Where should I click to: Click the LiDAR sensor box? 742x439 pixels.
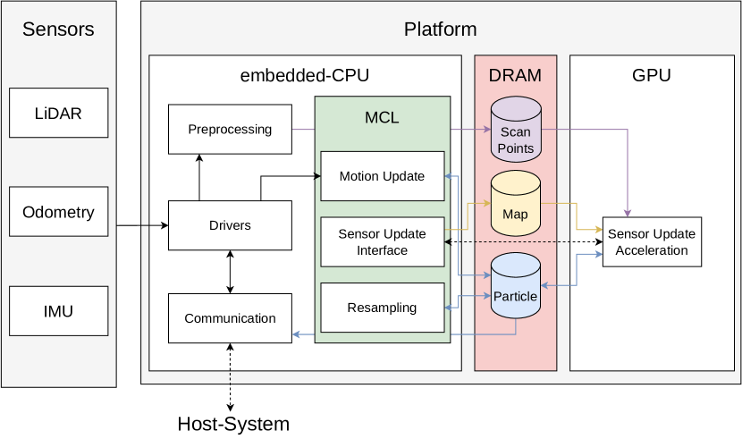58,114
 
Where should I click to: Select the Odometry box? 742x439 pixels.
58,212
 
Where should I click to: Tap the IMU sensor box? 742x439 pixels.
58,311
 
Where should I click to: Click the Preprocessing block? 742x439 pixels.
230,129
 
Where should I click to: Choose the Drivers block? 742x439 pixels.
230,225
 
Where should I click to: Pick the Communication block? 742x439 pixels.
230,318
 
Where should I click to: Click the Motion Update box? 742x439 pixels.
382,176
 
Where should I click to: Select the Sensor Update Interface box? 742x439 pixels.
382,242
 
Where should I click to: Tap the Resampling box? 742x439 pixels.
382,308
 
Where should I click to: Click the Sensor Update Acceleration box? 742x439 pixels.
652,242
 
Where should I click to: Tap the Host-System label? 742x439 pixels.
233,424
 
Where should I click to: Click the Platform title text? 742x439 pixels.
440,30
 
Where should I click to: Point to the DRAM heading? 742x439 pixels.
515,76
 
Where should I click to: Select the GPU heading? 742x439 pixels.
651,76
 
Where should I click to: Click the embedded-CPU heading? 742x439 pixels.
304,76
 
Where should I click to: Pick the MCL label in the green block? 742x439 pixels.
382,118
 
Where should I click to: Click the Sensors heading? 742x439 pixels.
58,30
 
